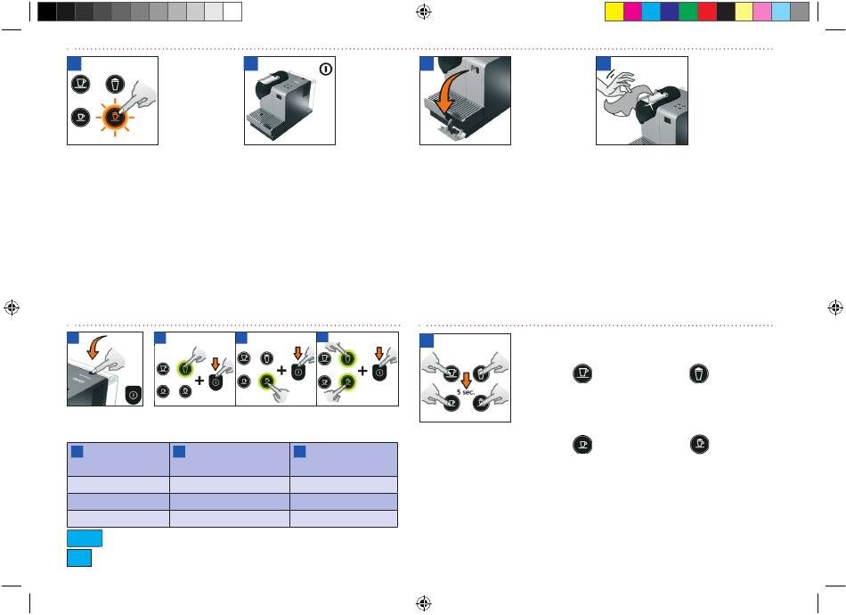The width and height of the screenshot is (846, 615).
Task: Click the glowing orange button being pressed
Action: (114, 117)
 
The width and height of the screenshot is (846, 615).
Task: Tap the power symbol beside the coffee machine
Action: (325, 70)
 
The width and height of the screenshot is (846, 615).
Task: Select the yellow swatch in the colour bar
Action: (614, 12)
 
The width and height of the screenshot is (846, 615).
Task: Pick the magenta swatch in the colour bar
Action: (633, 12)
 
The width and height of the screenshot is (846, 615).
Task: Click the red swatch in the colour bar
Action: (707, 12)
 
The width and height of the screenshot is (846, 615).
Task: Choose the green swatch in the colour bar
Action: (688, 12)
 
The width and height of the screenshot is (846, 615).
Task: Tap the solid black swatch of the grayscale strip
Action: (47, 12)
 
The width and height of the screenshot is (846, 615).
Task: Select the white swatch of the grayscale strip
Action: (232, 12)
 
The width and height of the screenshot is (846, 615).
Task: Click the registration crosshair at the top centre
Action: (424, 12)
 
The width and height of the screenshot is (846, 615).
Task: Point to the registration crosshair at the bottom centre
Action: (424, 603)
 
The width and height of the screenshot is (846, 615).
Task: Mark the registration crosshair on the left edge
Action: (12, 307)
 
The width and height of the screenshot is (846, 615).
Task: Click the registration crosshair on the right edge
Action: (835, 307)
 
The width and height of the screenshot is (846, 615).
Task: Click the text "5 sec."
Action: (466, 392)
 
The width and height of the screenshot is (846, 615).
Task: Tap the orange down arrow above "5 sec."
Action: (466, 380)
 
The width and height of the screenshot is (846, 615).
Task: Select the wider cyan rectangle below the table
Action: (85, 538)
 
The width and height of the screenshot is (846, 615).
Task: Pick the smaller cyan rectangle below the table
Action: (79, 558)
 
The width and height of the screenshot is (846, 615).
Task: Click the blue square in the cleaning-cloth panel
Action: (603, 63)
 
